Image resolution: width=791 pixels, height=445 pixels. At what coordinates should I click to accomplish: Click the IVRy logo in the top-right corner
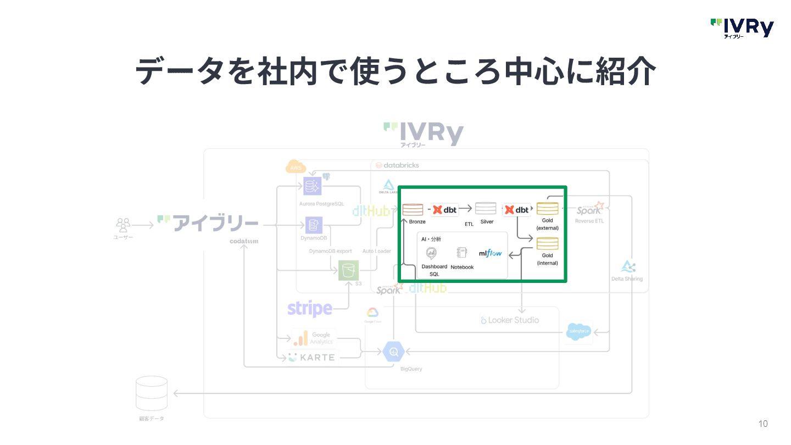[x=742, y=28]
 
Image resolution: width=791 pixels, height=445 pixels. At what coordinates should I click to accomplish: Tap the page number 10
[x=762, y=424]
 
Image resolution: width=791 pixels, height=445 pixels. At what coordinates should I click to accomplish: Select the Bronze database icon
[x=413, y=209]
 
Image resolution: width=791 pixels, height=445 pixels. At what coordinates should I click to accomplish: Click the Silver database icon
[x=486, y=208]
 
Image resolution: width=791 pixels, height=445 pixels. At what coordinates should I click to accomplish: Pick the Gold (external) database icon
[x=547, y=209]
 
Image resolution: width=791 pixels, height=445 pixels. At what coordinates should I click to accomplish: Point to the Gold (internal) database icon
[x=547, y=243]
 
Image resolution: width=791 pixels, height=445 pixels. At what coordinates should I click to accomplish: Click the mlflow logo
[x=490, y=253]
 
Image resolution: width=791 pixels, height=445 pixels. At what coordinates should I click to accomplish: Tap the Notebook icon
[x=461, y=253]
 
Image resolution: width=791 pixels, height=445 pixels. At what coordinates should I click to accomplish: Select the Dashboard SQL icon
[x=432, y=253]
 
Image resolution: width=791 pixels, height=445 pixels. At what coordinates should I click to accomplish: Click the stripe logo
[x=310, y=309]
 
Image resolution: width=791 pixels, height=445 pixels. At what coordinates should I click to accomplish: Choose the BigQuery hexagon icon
[x=393, y=352]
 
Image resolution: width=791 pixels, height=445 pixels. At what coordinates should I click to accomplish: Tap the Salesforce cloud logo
[x=578, y=331]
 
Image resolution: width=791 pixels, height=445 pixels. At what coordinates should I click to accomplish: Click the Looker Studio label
[x=510, y=320]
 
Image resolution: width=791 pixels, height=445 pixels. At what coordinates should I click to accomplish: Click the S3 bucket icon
[x=348, y=270]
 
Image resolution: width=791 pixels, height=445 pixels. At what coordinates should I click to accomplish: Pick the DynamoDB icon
[x=314, y=225]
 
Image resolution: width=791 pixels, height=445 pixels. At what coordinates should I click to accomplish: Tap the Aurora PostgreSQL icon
[x=312, y=186]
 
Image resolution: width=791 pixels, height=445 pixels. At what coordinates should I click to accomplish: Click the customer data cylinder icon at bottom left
[x=152, y=393]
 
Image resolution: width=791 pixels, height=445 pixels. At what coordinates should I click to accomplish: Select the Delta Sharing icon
[x=627, y=267]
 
